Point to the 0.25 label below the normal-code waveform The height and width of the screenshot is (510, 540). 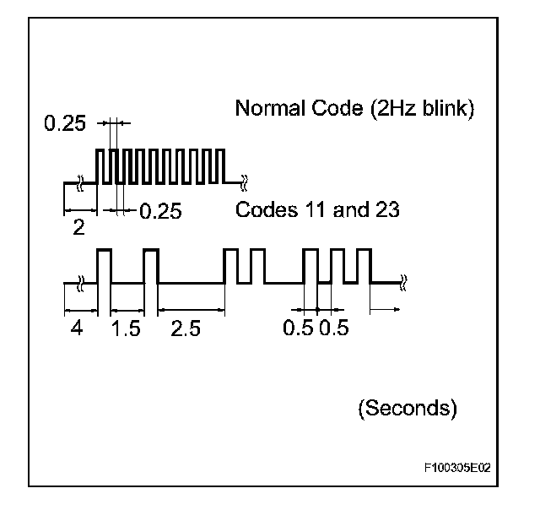tap(160, 210)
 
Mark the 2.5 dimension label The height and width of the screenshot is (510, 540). tap(186, 328)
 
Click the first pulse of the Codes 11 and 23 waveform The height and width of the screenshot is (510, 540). tap(105, 265)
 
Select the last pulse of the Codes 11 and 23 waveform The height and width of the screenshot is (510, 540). tap(364, 265)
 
